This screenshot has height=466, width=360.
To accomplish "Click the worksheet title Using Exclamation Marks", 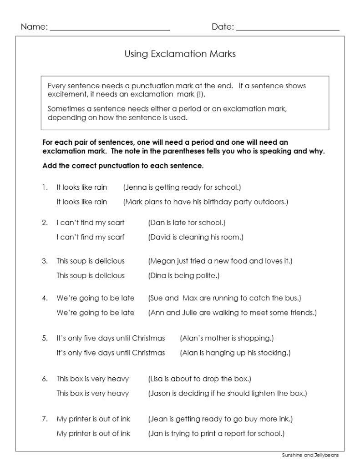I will click(180, 54).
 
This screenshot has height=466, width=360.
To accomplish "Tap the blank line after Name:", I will click(110, 28).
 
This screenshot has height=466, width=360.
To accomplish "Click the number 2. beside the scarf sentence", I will click(45, 223).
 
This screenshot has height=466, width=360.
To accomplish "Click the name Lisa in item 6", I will click(157, 379).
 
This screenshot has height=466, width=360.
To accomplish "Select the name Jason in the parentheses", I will click(161, 393).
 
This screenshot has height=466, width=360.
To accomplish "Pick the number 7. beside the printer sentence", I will click(45, 419).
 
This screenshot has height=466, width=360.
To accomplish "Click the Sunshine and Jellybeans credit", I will click(310, 455).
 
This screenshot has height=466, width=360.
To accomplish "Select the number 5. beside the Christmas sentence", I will click(45, 338).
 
